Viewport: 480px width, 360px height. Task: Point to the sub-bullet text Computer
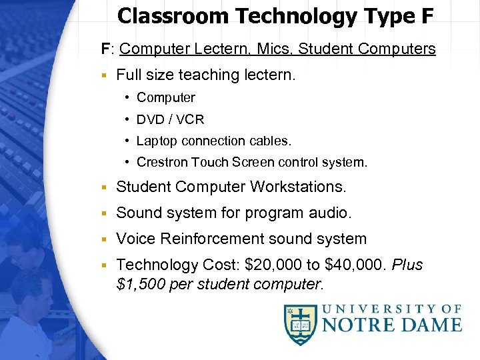[166, 97]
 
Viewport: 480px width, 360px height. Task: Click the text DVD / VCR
[170, 119]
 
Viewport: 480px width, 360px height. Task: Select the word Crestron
[162, 162]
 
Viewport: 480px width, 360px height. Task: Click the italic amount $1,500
[139, 285]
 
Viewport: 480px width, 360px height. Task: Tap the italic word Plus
[407, 265]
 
